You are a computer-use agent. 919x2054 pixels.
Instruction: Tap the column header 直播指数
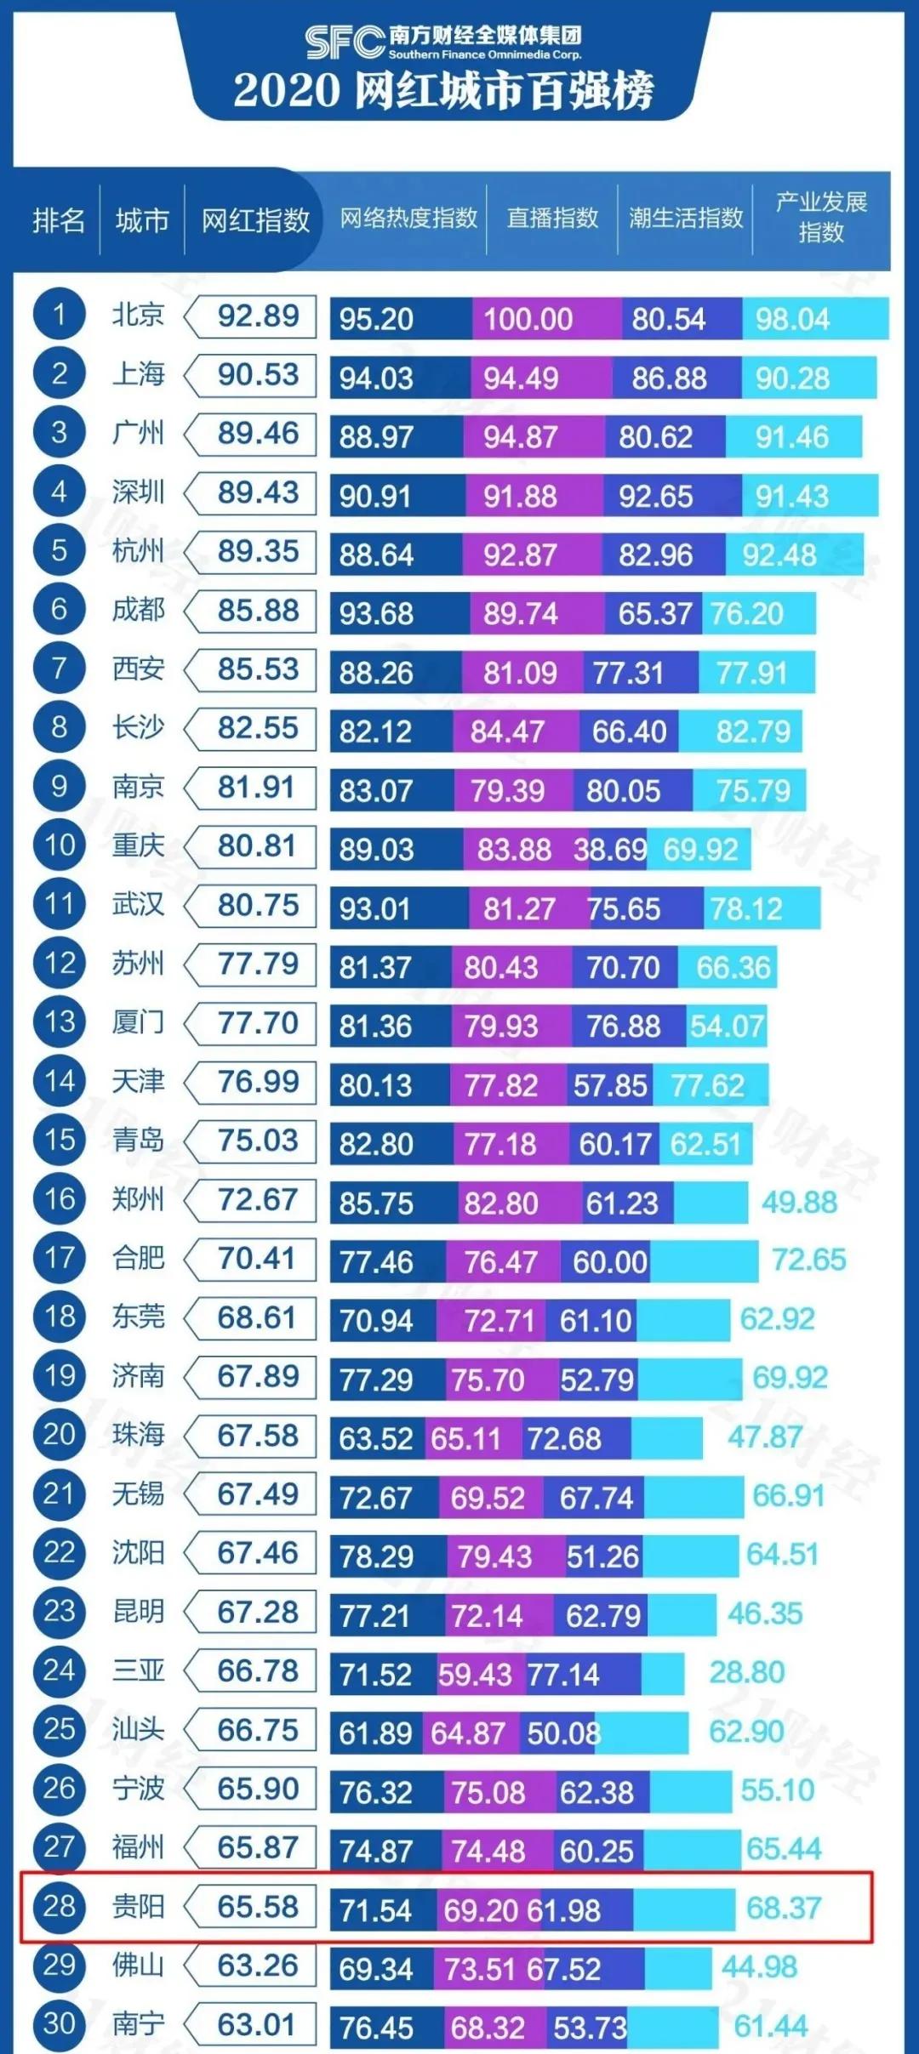(x=552, y=219)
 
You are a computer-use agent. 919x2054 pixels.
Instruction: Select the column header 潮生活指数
(x=686, y=219)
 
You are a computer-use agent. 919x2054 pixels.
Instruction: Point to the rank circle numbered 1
(x=59, y=316)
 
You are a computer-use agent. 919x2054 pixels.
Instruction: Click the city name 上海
(x=138, y=374)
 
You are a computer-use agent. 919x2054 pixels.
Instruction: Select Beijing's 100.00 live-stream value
(x=528, y=320)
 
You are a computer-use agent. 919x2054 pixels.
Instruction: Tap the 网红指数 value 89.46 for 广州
(x=258, y=434)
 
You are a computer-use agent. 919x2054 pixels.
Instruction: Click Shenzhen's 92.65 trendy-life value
(x=655, y=497)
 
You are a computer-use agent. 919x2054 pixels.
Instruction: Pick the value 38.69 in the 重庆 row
(x=609, y=850)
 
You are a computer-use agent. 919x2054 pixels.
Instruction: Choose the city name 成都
(x=138, y=610)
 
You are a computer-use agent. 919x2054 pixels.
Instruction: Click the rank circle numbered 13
(x=59, y=1022)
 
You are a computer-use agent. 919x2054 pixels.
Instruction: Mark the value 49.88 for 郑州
(x=799, y=1203)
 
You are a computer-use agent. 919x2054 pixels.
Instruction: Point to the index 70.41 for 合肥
(x=257, y=1258)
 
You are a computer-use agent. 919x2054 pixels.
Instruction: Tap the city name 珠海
(x=138, y=1435)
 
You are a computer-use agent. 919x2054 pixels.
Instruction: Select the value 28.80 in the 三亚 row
(x=746, y=1672)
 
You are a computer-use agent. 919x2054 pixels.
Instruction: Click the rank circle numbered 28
(x=59, y=1906)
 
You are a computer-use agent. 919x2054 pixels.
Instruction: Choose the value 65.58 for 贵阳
(x=257, y=1907)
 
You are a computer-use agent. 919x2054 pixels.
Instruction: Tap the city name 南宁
(x=138, y=2024)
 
